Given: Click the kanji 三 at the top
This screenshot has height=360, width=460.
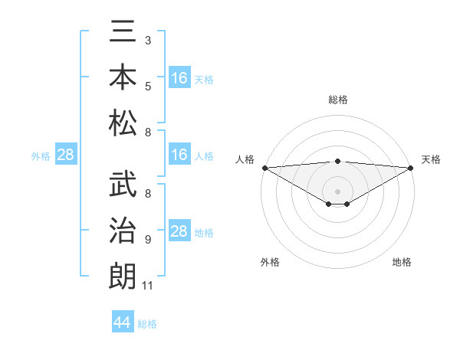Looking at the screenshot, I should click(x=123, y=32).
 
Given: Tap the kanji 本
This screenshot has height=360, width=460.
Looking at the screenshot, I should click(x=123, y=77).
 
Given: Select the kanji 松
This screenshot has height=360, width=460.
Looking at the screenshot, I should click(x=123, y=123).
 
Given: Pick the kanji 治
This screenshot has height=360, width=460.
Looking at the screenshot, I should click(x=123, y=231).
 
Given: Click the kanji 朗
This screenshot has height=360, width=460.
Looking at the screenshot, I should click(x=123, y=276).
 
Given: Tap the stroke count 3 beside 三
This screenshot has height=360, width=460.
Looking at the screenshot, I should click(x=147, y=39).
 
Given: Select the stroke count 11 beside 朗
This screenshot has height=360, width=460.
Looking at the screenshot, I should click(x=148, y=286).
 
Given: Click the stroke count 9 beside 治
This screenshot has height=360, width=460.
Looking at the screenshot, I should click(x=147, y=240).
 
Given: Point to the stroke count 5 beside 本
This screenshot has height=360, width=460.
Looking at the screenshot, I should click(x=147, y=86).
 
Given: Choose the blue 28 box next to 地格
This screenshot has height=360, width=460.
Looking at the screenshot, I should click(x=179, y=231).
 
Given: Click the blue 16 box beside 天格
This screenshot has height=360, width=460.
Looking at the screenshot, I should click(x=179, y=78).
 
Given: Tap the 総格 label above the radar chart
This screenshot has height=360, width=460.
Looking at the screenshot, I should click(x=338, y=100).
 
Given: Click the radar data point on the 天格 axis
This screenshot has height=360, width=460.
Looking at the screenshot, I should click(x=411, y=168).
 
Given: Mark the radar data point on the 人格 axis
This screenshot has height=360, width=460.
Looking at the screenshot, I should click(x=264, y=168).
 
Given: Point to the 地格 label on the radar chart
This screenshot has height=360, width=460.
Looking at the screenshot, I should click(x=402, y=262).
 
